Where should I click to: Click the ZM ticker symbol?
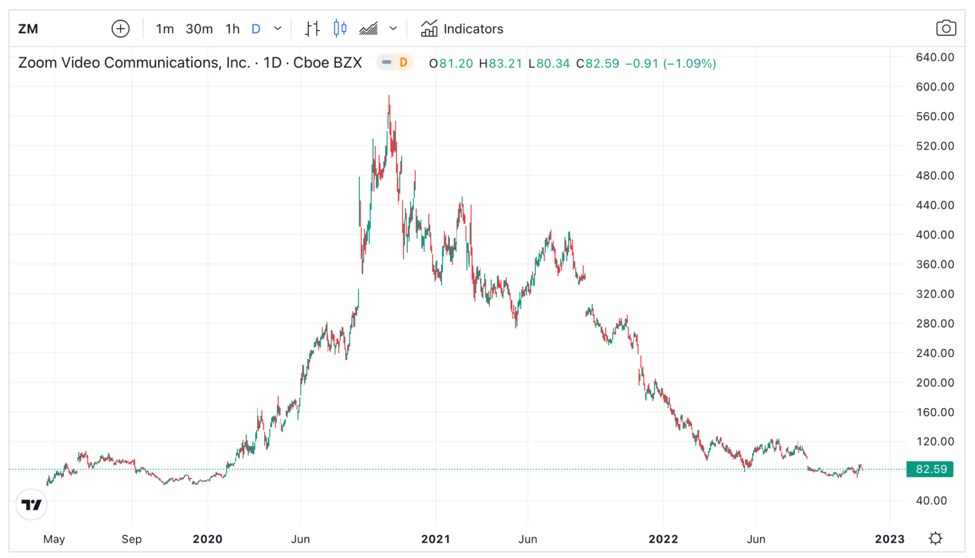pyautogui.click(x=28, y=29)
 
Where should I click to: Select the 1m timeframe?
pyautogui.click(x=164, y=29)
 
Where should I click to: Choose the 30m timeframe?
pyautogui.click(x=199, y=29)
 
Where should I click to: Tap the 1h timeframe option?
pyautogui.click(x=232, y=29)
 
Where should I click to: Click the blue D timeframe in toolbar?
pyautogui.click(x=256, y=29)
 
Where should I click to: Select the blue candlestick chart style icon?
pyautogui.click(x=340, y=29)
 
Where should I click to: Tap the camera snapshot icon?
pyautogui.click(x=946, y=29)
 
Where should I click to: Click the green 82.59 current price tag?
pyautogui.click(x=930, y=469)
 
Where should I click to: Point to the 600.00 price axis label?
pyautogui.click(x=934, y=86)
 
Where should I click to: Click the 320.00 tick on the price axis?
pyautogui.click(x=934, y=294)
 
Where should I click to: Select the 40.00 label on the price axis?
pyautogui.click(x=931, y=500)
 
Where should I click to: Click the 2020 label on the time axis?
pyautogui.click(x=208, y=539)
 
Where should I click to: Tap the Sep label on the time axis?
pyautogui.click(x=131, y=539)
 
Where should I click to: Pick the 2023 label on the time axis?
pyautogui.click(x=889, y=539)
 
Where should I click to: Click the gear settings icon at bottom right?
pyautogui.click(x=935, y=539)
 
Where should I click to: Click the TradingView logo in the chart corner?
pyautogui.click(x=32, y=505)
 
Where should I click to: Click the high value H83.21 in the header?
pyautogui.click(x=500, y=64)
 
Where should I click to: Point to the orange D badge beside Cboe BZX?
pyautogui.click(x=403, y=62)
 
